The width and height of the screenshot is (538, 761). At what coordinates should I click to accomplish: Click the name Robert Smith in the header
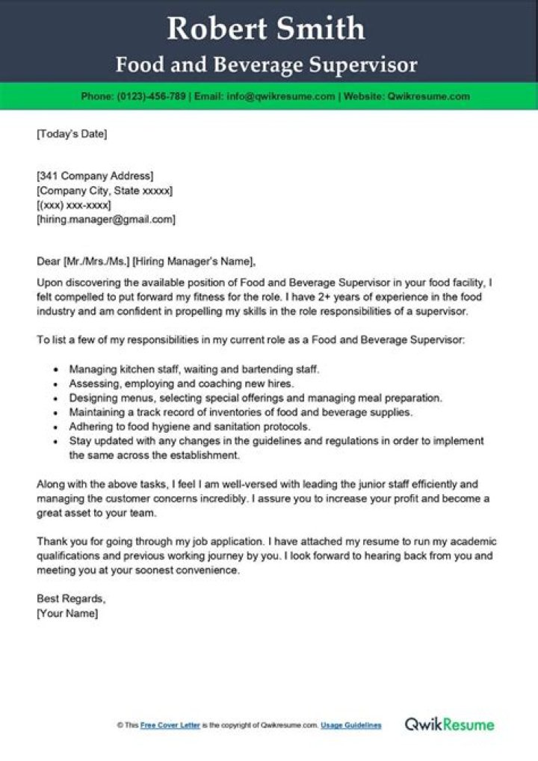pyautogui.click(x=266, y=29)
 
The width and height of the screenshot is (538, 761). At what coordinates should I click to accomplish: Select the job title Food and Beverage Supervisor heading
pyautogui.click(x=266, y=65)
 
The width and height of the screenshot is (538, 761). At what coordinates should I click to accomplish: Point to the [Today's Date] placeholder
pyautogui.click(x=72, y=135)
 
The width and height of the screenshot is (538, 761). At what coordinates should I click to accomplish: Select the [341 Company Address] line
pyautogui.click(x=95, y=176)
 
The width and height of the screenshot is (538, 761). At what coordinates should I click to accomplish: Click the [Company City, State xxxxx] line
pyautogui.click(x=105, y=191)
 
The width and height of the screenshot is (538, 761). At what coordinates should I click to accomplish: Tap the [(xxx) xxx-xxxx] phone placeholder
pyautogui.click(x=74, y=206)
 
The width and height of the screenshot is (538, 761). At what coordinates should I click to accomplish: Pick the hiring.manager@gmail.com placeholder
pyautogui.click(x=106, y=220)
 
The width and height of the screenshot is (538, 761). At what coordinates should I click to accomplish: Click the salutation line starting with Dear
pyautogui.click(x=146, y=262)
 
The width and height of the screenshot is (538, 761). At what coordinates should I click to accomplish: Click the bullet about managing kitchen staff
pyautogui.click(x=194, y=369)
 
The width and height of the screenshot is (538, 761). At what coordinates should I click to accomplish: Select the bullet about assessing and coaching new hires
pyautogui.click(x=176, y=383)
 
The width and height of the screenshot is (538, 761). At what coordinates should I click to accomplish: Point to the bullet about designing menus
pyautogui.click(x=256, y=398)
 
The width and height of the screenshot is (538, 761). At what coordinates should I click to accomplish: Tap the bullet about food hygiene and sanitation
pyautogui.click(x=189, y=426)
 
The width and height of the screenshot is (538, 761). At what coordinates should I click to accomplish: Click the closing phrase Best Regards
pyautogui.click(x=71, y=599)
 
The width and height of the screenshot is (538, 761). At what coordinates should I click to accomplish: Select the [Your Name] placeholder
pyautogui.click(x=67, y=613)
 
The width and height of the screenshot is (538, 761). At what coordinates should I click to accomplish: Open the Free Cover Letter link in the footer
pyautogui.click(x=170, y=725)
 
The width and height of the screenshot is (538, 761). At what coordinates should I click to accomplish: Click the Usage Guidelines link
pyautogui.click(x=351, y=725)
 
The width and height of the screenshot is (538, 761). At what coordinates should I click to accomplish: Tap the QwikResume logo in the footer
pyautogui.click(x=449, y=724)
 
